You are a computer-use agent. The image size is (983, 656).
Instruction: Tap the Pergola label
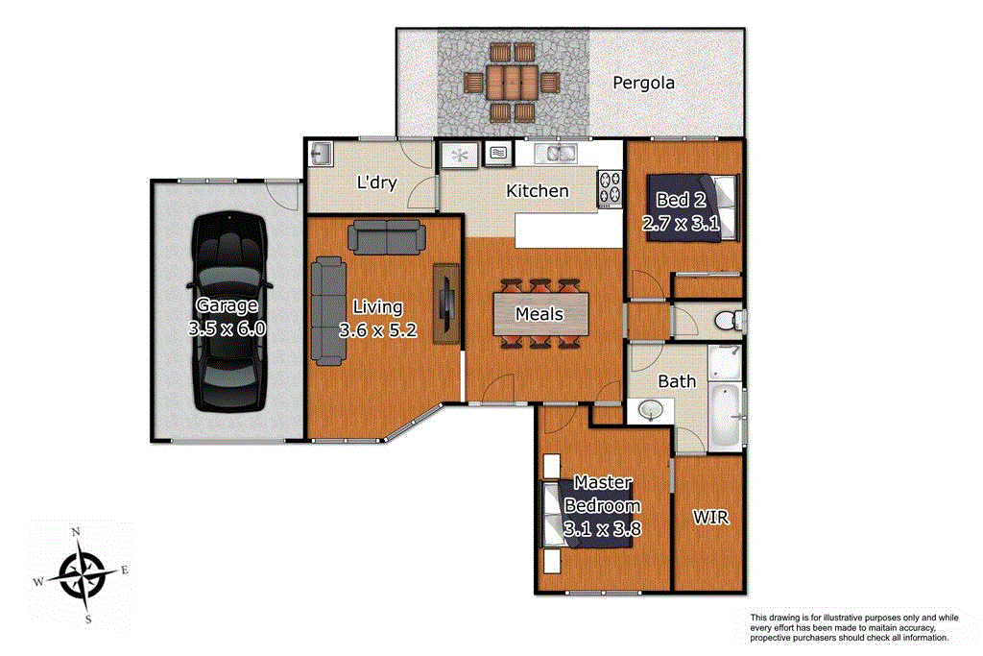(x=643, y=83)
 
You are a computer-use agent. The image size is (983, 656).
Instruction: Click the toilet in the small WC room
(x=729, y=320)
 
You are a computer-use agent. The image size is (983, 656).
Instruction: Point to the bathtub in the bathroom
(x=725, y=417)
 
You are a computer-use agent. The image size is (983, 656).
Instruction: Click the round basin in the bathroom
(x=652, y=411)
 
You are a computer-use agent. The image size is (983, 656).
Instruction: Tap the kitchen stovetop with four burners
(x=610, y=188)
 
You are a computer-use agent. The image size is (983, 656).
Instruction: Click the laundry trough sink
(x=321, y=153)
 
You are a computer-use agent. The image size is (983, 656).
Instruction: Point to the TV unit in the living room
(x=444, y=303)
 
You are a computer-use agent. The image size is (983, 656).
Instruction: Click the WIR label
(x=710, y=519)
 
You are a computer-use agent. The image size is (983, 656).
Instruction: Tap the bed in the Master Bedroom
(x=587, y=514)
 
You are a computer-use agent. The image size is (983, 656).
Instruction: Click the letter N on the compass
(x=77, y=532)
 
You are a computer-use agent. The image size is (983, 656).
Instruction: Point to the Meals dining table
(x=539, y=314)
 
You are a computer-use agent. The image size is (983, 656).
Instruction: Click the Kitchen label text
(x=538, y=191)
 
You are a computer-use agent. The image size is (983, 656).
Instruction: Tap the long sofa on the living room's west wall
(x=328, y=311)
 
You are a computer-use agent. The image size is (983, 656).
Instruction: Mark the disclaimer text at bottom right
(x=849, y=627)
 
